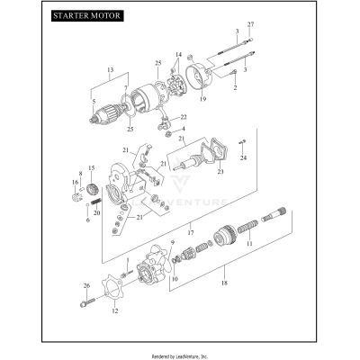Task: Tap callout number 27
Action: click(x=251, y=22)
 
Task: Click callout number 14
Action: click(x=178, y=54)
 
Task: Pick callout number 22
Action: click(x=184, y=118)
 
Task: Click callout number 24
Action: click(x=243, y=158)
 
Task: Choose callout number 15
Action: click(x=90, y=168)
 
